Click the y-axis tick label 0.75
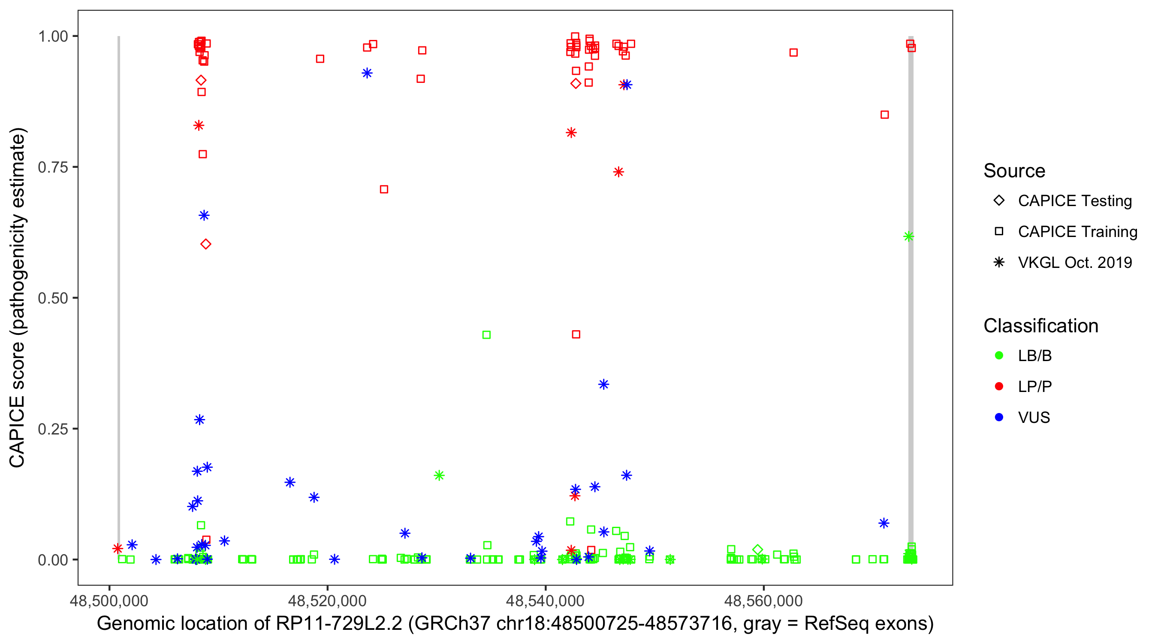pos(52,167)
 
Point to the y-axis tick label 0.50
pos(52,298)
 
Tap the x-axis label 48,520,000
pos(327,600)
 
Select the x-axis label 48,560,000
pos(763,600)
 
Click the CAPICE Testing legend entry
pos(1074,201)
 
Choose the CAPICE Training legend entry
pos(1077,232)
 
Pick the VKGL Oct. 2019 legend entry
pos(1074,262)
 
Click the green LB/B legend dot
pos(999,355)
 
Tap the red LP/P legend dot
pos(999,386)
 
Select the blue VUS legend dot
pos(999,417)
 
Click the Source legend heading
pos(1014,171)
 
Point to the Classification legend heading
pos(1040,326)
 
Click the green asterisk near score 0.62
pos(908,237)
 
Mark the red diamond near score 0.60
pos(206,244)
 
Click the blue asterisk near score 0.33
pos(604,384)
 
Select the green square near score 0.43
pos(486,335)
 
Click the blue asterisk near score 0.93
pos(367,73)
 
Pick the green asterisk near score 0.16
pos(439,475)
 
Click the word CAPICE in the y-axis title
pos(17,432)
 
